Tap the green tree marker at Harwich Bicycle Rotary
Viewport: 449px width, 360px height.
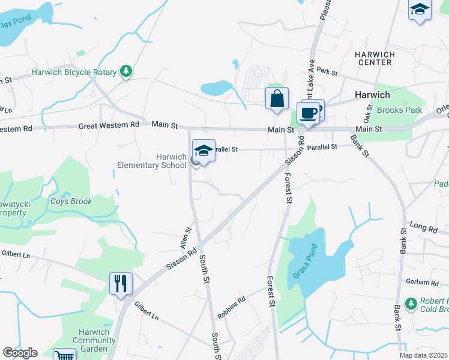126,72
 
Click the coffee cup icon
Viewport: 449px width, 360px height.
309,113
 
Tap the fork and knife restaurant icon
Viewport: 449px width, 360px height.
121,283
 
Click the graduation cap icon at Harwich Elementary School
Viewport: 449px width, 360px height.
203,151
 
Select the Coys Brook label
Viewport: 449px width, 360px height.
71,202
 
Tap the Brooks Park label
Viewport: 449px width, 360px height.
399,110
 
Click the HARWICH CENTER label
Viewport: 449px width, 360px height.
375,58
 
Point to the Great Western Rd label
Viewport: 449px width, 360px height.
109,125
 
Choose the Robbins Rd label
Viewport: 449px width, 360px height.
233,300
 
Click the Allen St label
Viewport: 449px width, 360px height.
185,238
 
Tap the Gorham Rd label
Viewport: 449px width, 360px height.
422,283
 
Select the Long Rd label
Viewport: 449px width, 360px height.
424,227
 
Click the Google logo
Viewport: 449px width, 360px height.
20,353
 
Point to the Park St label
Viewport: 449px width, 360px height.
327,72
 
